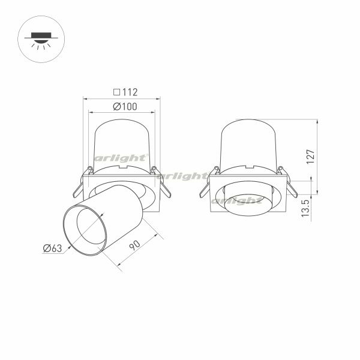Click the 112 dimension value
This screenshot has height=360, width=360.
(x=130, y=92)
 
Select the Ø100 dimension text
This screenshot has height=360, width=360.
(x=125, y=107)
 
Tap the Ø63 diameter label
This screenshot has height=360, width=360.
(x=53, y=248)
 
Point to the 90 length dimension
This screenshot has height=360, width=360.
(x=134, y=245)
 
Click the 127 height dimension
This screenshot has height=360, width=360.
(x=310, y=157)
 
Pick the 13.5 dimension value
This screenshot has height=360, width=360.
(x=305, y=208)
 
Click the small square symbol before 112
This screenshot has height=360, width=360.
(x=116, y=92)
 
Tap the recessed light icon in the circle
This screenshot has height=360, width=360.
(x=41, y=41)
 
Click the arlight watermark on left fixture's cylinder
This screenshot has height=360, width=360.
(x=121, y=158)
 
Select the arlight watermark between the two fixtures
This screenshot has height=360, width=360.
(x=182, y=176)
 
